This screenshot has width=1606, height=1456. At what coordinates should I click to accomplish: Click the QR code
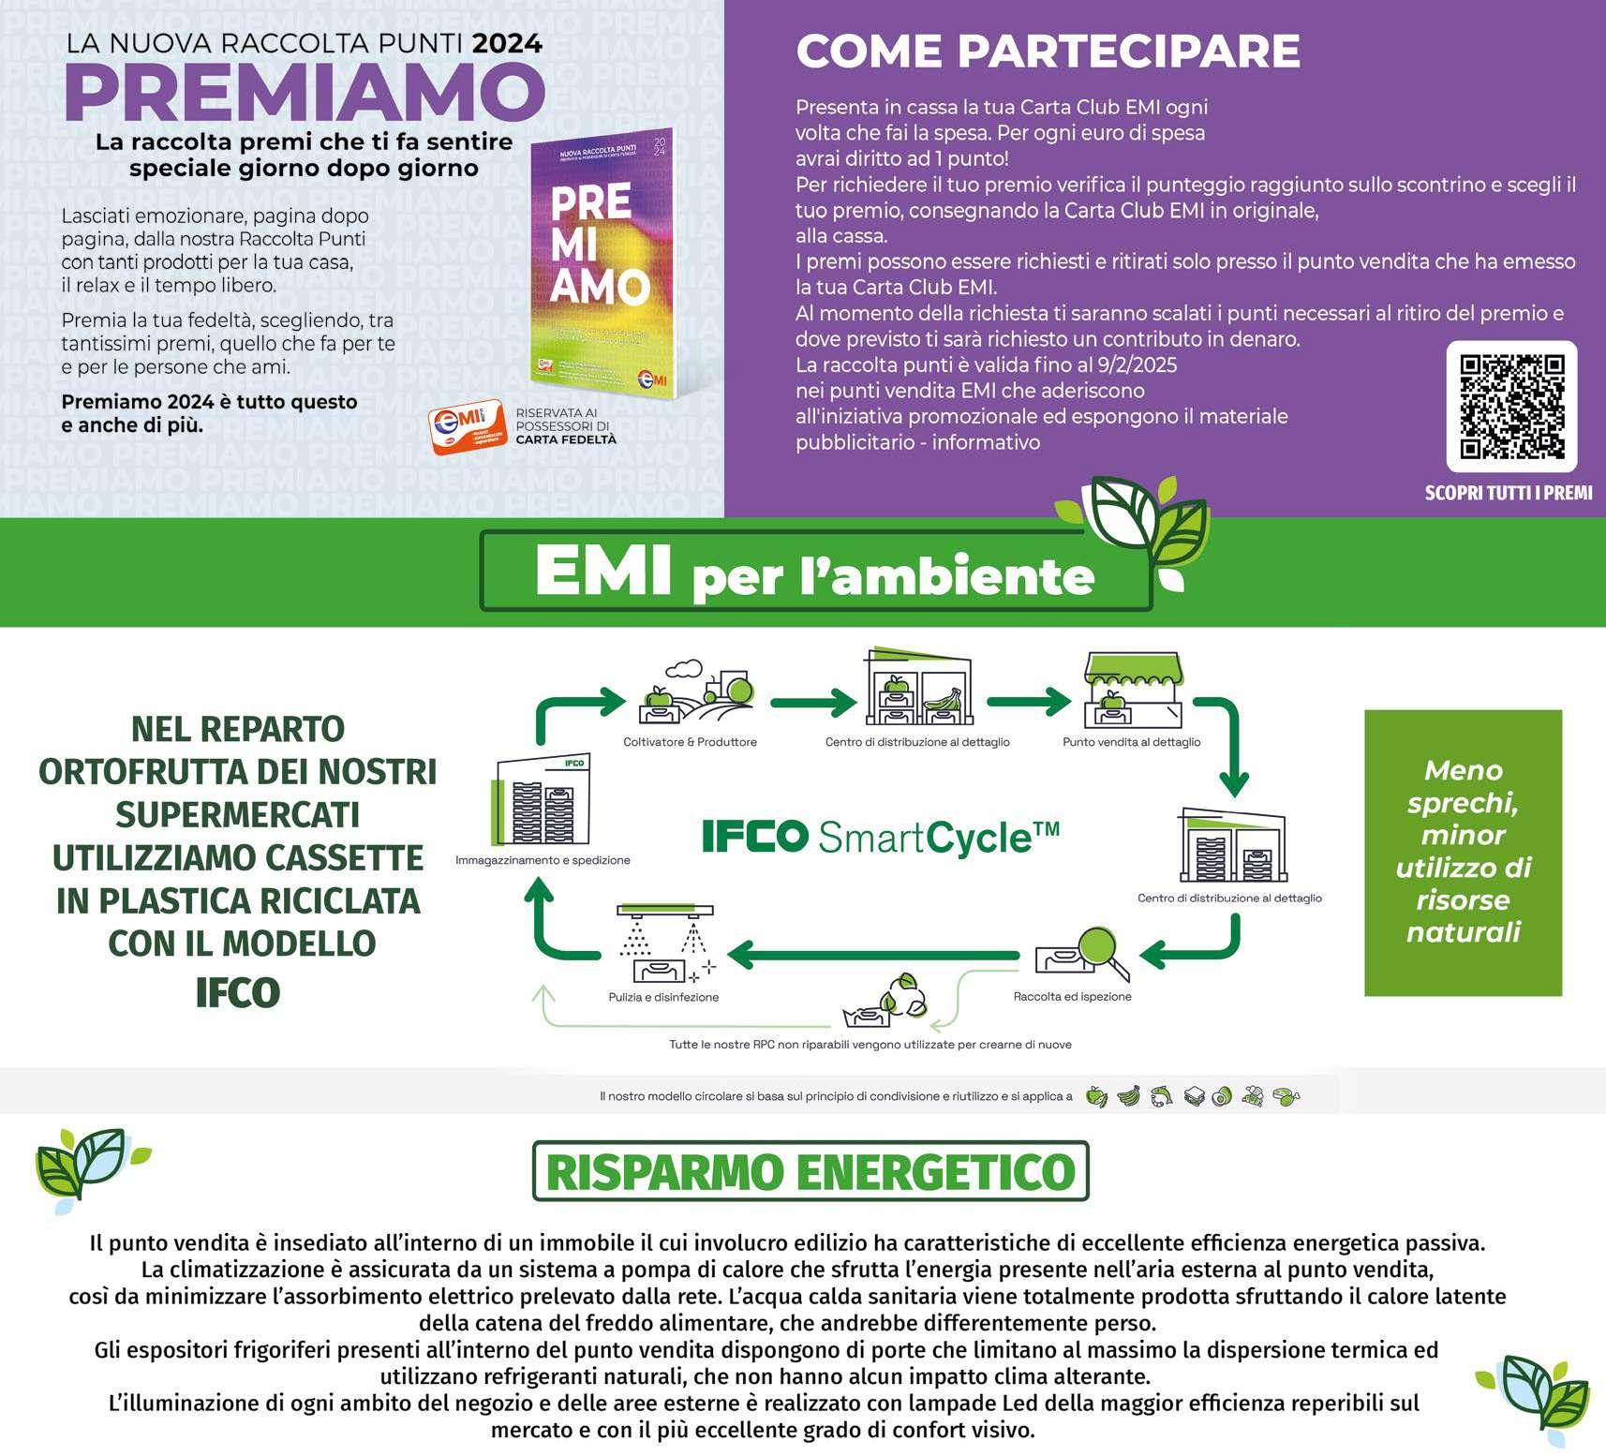(x=1511, y=407)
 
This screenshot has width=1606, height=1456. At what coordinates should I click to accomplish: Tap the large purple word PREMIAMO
(x=305, y=93)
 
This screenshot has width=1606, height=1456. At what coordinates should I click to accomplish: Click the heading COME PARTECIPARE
(x=1048, y=51)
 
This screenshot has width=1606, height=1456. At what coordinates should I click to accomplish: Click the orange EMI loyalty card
(x=468, y=429)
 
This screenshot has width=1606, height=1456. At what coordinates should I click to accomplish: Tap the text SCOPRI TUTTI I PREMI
(x=1508, y=493)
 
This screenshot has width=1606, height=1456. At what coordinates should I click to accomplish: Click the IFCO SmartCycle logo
(x=881, y=837)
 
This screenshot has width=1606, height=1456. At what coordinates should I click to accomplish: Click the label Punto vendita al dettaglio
(x=1131, y=742)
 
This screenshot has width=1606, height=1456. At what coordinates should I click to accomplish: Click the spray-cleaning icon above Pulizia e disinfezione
(x=665, y=943)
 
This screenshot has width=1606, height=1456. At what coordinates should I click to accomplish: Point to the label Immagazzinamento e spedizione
(x=543, y=860)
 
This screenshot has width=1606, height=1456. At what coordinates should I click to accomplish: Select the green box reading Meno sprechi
(x=1463, y=852)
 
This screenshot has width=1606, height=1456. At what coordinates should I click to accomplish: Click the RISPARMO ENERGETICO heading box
(x=810, y=1171)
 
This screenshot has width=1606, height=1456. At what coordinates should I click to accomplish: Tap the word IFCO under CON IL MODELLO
(x=238, y=993)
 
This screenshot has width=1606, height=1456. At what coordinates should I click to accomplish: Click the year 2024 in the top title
(x=507, y=43)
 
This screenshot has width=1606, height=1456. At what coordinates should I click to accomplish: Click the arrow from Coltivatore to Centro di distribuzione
(x=812, y=701)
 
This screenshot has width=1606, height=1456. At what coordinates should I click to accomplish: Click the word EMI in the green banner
(x=602, y=571)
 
